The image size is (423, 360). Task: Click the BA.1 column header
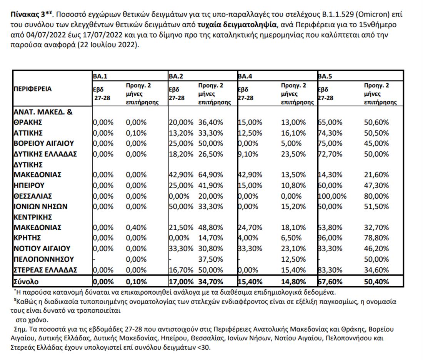click(99, 76)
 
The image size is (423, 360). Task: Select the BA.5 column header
click(325, 76)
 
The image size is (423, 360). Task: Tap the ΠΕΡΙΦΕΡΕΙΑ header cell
click(33, 89)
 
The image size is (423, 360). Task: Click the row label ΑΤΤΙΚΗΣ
click(28, 133)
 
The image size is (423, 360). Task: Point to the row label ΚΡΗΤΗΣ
click(27, 237)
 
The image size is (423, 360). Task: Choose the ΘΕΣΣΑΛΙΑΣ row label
click(33, 196)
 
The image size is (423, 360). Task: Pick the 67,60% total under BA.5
click(330, 281)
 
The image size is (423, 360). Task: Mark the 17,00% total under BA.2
click(181, 281)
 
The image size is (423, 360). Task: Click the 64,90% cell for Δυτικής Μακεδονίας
click(211, 175)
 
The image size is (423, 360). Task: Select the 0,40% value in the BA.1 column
click(137, 227)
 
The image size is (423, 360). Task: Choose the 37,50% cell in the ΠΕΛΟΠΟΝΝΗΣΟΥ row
click(211, 259)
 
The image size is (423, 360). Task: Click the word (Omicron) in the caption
click(371, 15)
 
